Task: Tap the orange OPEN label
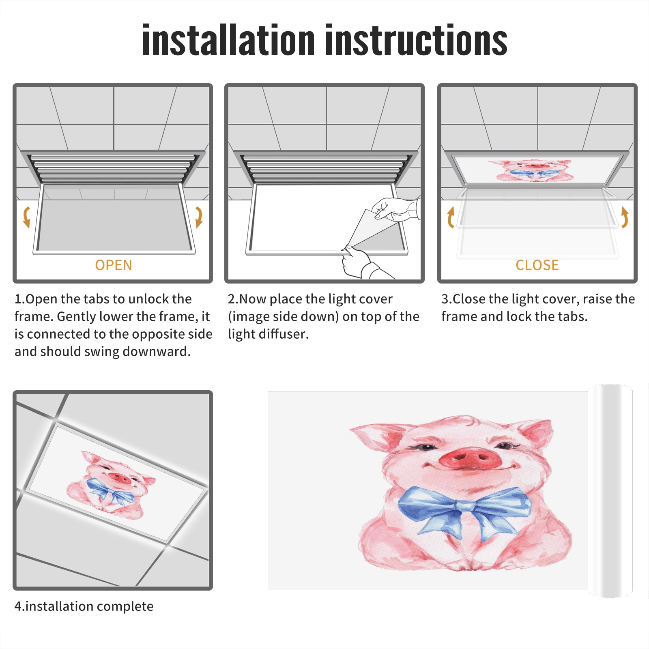pyautogui.click(x=114, y=265)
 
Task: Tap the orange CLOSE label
pyautogui.click(x=537, y=265)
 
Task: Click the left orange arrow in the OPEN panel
pyautogui.click(x=27, y=217)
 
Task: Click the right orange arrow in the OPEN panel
pyautogui.click(x=199, y=217)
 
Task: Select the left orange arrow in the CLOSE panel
pyautogui.click(x=451, y=217)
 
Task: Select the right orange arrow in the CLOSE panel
pyautogui.click(x=625, y=217)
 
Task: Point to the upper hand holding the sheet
pyautogui.click(x=395, y=209)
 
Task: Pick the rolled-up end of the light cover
pyautogui.click(x=610, y=491)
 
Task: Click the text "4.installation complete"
pyautogui.click(x=84, y=606)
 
